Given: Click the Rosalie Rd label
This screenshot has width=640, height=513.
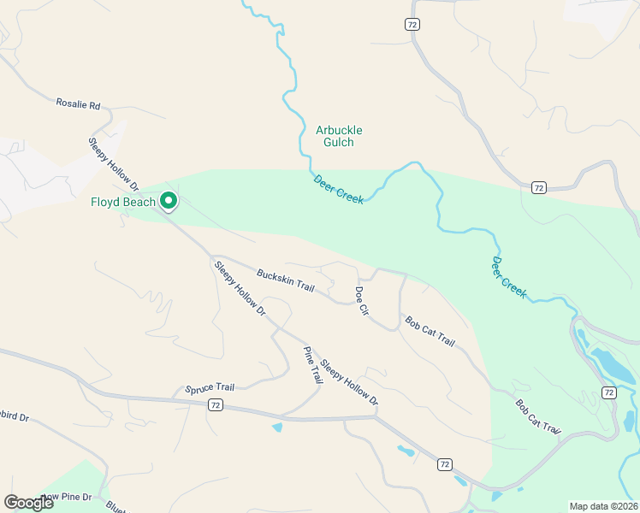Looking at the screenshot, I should click(x=78, y=104).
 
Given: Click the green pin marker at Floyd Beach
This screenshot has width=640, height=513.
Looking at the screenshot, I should click(x=169, y=201).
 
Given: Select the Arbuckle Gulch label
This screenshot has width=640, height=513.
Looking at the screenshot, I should click(x=339, y=136).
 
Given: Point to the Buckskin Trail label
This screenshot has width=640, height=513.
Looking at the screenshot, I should click(x=286, y=280).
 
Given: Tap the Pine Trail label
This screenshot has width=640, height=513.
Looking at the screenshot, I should click(x=312, y=364).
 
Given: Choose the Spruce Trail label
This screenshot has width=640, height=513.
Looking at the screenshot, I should click(x=210, y=388).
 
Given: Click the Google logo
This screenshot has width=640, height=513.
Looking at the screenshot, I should click(x=29, y=503).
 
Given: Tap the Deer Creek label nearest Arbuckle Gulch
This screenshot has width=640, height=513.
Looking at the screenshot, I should click(x=339, y=189).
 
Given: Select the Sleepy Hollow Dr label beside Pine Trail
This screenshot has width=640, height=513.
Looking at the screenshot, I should click(x=349, y=380).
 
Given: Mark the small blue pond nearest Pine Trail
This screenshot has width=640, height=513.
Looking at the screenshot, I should click(x=277, y=426).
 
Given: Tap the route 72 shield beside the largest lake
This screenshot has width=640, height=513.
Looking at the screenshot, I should click(x=608, y=392).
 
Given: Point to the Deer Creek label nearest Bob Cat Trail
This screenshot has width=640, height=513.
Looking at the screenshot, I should click(x=509, y=276).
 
